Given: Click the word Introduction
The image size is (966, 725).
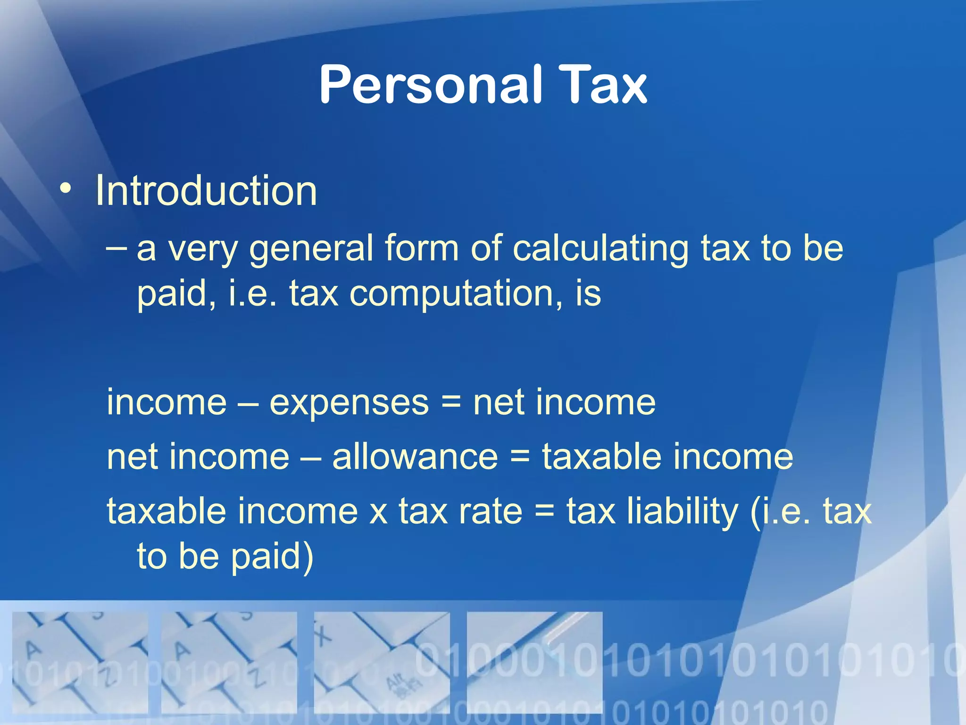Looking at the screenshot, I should (206, 191).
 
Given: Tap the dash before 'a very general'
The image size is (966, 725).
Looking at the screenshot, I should (116, 248).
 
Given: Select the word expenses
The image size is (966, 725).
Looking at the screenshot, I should (349, 403).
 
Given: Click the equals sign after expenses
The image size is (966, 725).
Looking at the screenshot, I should (451, 403).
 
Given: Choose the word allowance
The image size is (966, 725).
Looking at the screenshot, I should (415, 457).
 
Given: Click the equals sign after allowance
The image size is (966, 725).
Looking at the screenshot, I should (520, 457).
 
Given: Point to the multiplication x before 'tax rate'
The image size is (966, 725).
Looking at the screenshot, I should (378, 512).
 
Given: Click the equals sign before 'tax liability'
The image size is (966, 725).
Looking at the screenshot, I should (545, 512).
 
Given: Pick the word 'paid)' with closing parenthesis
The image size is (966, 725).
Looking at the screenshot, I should (272, 557).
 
